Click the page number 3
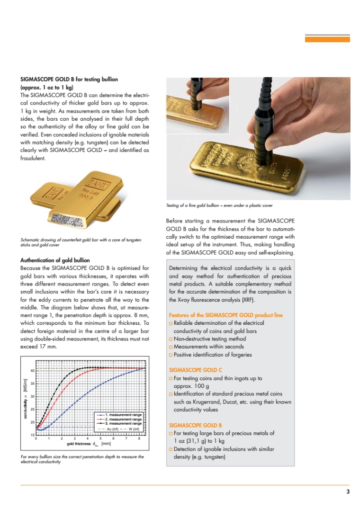tap(348, 491)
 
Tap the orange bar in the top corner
tap(327, 39)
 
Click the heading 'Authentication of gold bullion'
tap(55, 260)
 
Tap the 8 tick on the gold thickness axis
tap(139, 439)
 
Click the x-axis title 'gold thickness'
tap(79, 444)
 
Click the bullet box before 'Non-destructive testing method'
tap(171, 339)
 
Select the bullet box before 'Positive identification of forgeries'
tap(171, 355)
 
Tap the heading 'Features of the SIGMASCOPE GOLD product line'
tap(225, 315)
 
